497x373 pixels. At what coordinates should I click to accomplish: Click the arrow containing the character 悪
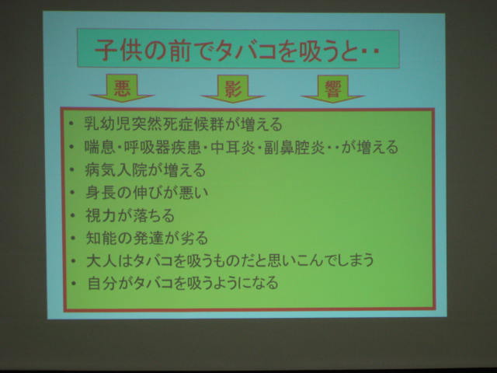click(122, 89)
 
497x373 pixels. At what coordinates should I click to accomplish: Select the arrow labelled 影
click(233, 89)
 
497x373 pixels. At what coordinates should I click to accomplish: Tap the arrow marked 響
click(332, 89)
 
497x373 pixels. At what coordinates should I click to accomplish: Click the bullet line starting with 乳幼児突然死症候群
click(183, 124)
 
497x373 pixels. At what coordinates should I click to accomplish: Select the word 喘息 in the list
click(100, 147)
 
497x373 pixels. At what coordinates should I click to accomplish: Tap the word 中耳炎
click(233, 147)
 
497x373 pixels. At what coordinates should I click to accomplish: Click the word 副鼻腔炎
click(294, 147)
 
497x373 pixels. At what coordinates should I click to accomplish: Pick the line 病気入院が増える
click(145, 170)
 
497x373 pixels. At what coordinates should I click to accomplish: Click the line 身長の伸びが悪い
click(147, 193)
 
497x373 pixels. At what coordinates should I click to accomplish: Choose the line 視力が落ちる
click(130, 215)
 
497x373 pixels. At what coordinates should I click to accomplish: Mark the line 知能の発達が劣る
click(147, 239)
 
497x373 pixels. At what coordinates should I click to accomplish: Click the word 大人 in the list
click(102, 260)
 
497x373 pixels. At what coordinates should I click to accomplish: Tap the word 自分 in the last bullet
click(103, 283)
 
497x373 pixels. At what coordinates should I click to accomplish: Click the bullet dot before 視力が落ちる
click(72, 216)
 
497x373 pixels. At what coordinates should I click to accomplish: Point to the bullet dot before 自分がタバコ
click(74, 283)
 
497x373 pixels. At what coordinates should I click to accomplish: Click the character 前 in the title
click(179, 50)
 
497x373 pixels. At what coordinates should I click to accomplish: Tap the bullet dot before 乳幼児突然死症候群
click(71, 124)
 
